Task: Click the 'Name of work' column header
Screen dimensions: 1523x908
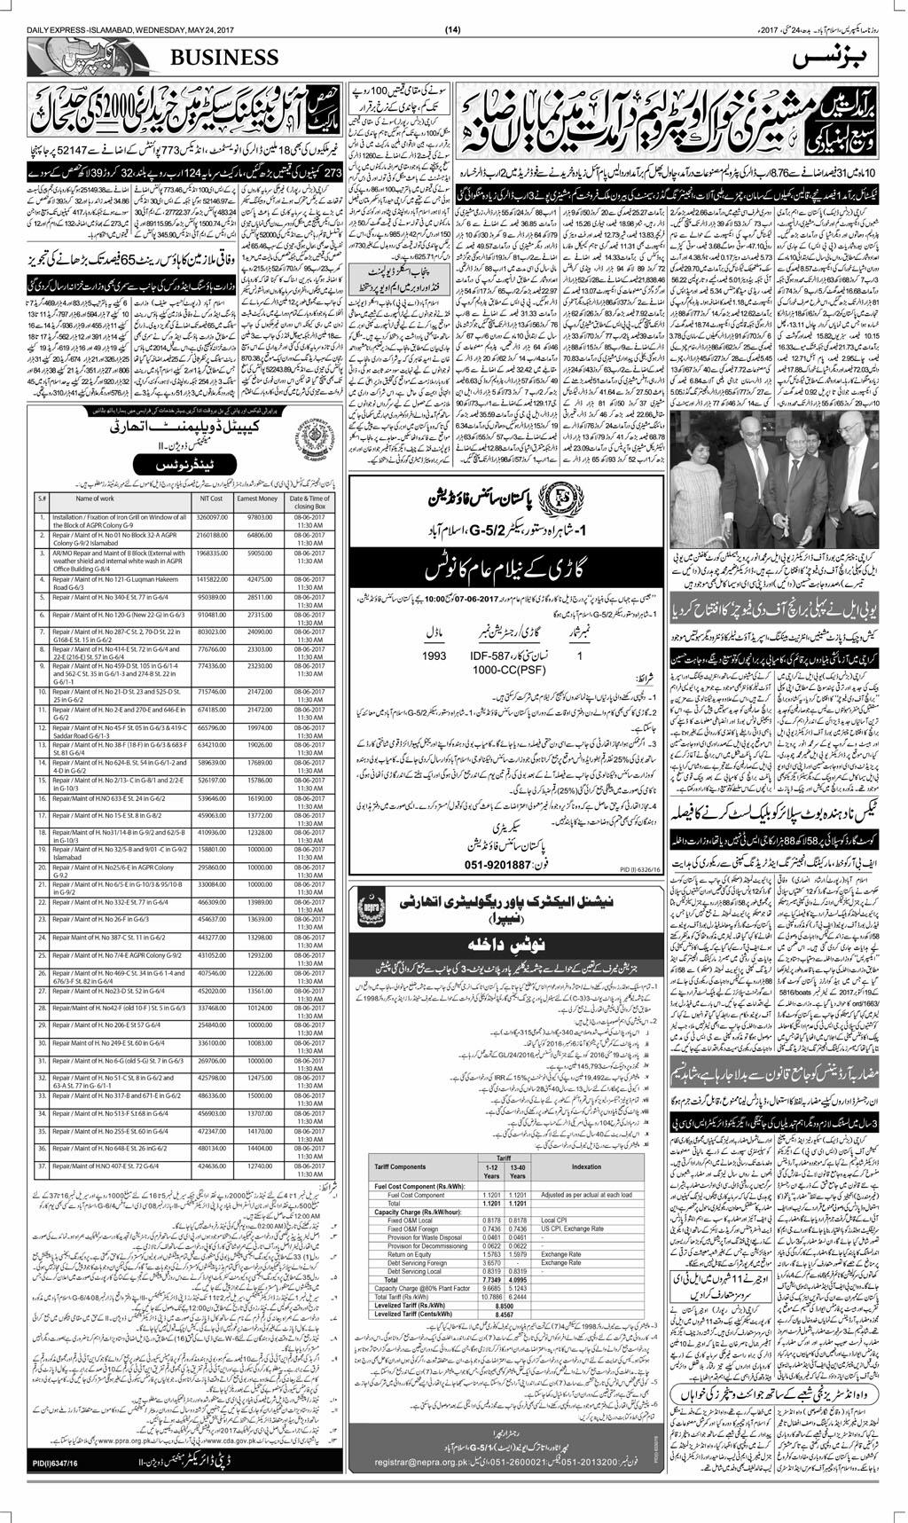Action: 94,499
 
